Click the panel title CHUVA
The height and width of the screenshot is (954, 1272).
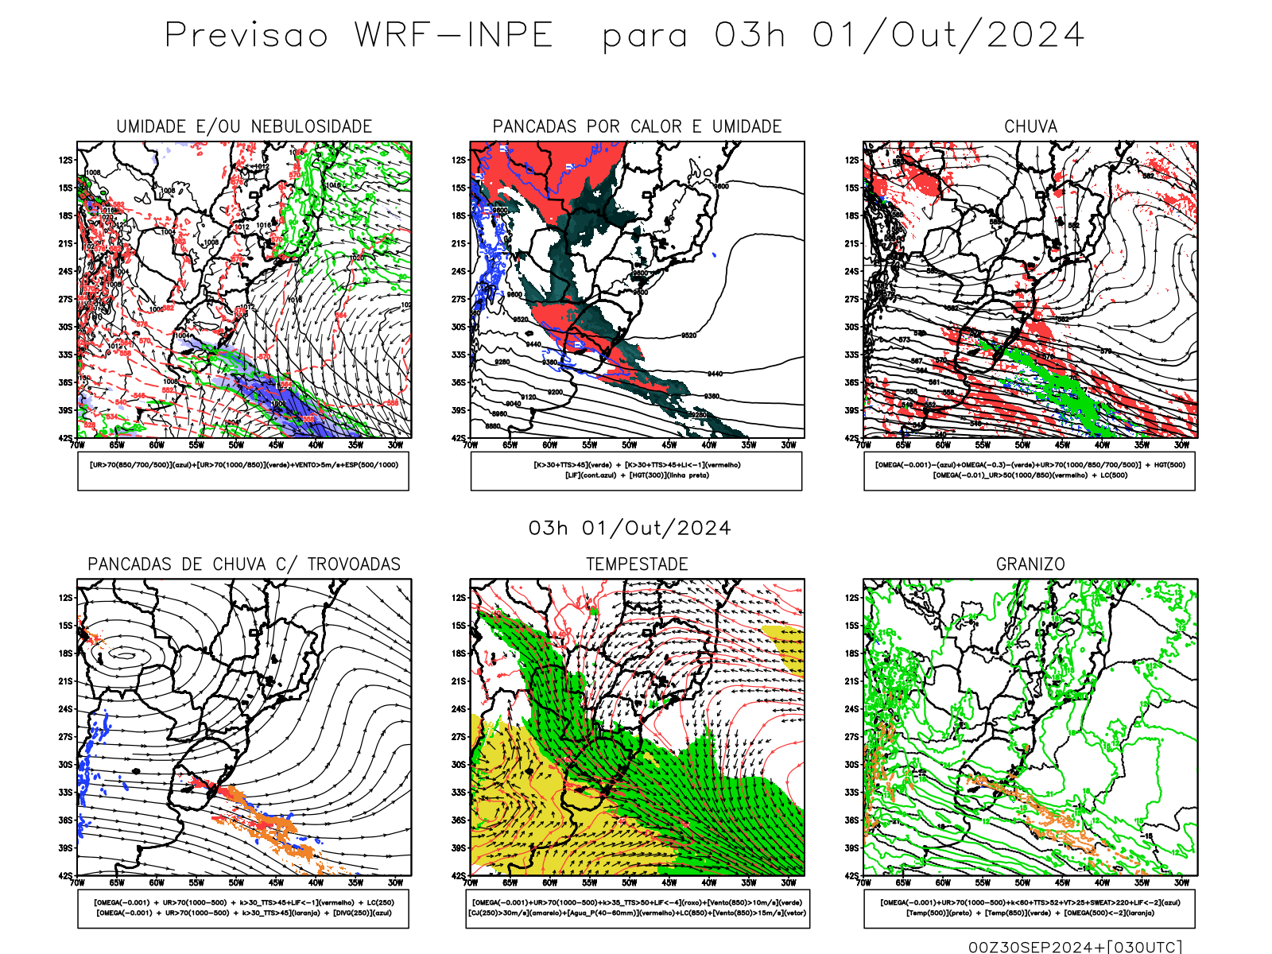point(1030,126)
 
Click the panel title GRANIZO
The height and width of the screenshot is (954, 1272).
point(1030,564)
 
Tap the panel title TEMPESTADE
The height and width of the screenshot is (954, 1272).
point(637,564)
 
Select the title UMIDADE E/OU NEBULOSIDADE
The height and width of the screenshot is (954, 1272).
point(244,126)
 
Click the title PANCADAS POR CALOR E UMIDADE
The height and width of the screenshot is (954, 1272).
point(637,126)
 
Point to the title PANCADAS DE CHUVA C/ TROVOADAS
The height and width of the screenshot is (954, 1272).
point(244,564)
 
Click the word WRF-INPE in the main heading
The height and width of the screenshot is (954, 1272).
point(453,35)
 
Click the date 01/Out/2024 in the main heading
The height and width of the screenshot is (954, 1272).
point(948,35)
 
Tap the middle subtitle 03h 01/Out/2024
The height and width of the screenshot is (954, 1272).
point(630,528)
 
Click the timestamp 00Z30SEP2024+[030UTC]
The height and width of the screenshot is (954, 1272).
point(1075,946)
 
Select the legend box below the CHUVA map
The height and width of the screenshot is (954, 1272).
point(1030,471)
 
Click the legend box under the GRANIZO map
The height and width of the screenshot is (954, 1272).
point(1030,908)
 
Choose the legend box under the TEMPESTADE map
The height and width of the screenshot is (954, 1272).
point(637,908)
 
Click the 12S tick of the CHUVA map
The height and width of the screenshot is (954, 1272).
point(851,160)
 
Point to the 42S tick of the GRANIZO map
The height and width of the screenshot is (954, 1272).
point(851,875)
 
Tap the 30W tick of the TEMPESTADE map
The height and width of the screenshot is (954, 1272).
point(788,882)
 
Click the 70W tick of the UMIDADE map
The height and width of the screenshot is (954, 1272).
point(77,445)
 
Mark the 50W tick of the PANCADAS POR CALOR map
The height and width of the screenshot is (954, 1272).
point(629,445)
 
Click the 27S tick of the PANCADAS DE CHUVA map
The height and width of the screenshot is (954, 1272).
point(65,736)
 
